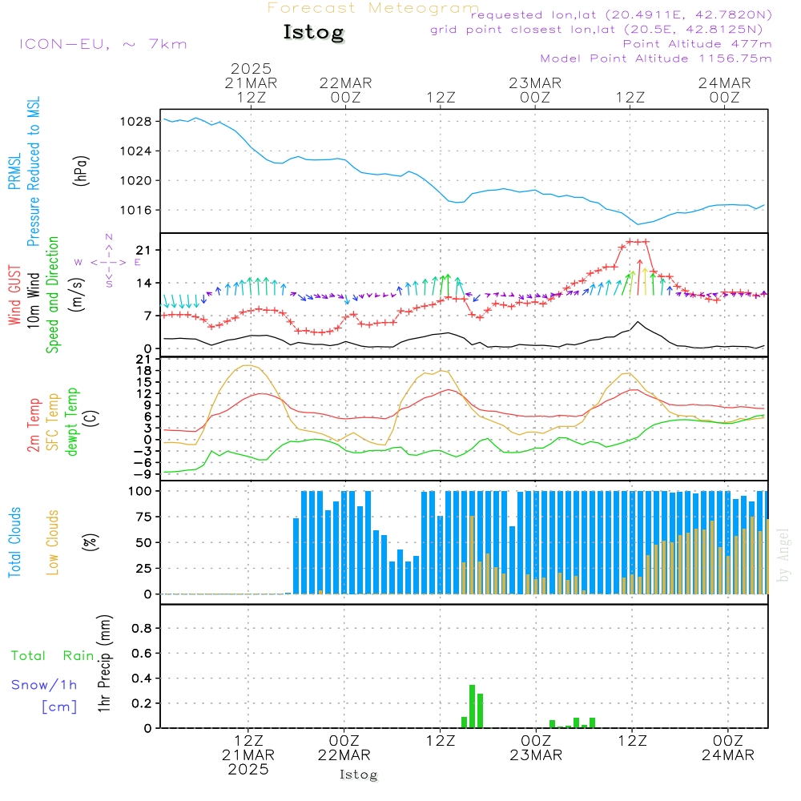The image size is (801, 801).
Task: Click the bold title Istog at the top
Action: pos(313,33)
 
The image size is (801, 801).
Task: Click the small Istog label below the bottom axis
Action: pos(358,775)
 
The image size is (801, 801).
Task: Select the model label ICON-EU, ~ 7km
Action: pos(103,44)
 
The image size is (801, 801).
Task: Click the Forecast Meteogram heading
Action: pos(373,8)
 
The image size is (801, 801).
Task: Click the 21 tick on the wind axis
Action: pos(145,251)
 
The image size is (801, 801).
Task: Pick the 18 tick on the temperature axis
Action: pos(145,371)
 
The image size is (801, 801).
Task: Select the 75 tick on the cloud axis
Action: pos(145,517)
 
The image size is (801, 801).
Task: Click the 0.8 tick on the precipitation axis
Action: pos(142,629)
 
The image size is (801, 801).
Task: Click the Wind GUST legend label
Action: pos(15,296)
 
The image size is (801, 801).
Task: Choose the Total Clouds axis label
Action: pos(15,542)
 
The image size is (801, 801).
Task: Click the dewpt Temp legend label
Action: pos(72,422)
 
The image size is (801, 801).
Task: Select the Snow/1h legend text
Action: pos(44,685)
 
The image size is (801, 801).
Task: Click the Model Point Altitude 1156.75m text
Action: pos(656,58)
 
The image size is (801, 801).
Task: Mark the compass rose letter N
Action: pos(109,237)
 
